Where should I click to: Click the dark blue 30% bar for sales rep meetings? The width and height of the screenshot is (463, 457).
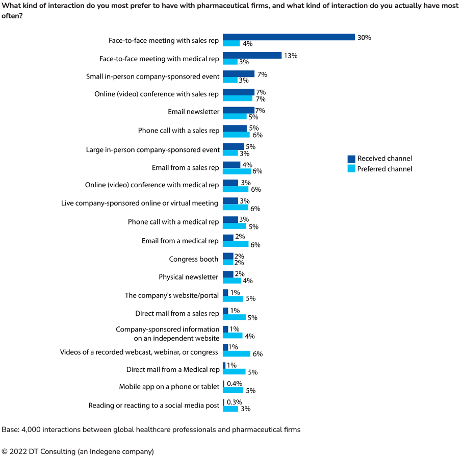coord(289,37)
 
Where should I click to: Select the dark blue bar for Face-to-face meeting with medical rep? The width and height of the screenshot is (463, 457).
coord(252,55)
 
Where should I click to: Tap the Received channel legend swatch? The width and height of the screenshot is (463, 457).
coord(351,159)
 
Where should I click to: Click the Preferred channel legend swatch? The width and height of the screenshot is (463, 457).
coord(351,169)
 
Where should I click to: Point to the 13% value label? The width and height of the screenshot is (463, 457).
coord(291,55)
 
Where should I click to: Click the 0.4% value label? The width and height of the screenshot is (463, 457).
coord(235,384)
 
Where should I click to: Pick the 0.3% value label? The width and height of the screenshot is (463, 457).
coord(235,402)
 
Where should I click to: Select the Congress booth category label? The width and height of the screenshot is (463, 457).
coord(194,259)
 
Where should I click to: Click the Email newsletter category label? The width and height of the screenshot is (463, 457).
coord(194,112)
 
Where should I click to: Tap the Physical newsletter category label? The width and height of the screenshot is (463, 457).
coord(189,277)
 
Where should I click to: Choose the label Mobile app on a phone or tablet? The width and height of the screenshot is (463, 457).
coord(169,387)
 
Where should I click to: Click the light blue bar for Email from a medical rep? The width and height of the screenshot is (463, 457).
coord(236,244)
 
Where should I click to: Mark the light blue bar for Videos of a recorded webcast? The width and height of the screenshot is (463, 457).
coord(237,353)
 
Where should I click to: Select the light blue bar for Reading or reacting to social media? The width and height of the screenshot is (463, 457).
coord(230,409)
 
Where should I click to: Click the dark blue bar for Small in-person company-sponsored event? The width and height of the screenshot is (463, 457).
coord(239,74)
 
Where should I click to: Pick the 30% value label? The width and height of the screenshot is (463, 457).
coord(364,37)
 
